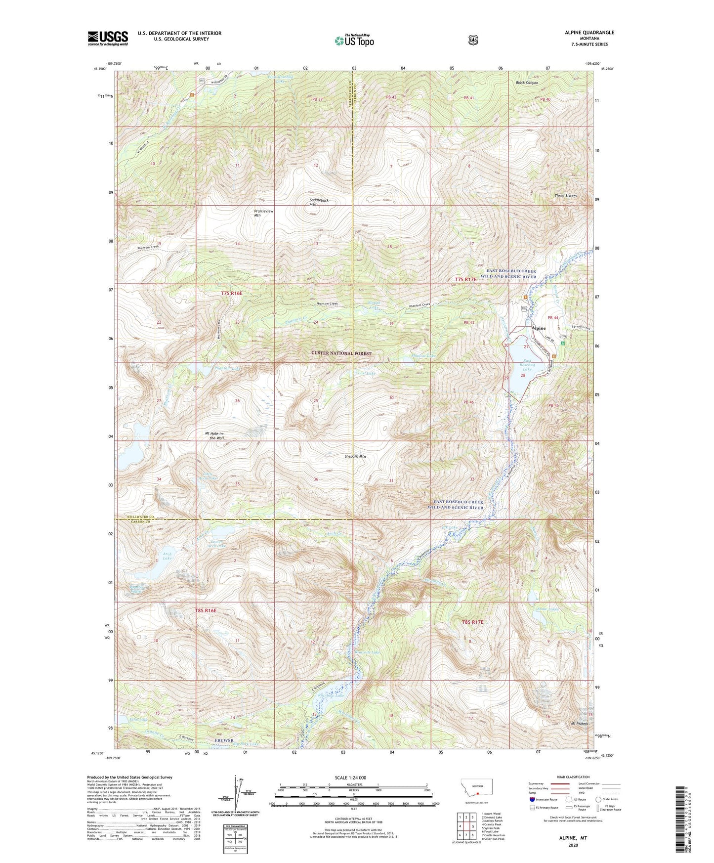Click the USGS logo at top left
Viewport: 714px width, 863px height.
[108, 38]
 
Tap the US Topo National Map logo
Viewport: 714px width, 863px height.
[354, 41]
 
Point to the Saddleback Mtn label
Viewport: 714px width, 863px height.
[319, 202]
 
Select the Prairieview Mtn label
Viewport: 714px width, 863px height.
[264, 213]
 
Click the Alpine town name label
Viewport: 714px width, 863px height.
[538, 328]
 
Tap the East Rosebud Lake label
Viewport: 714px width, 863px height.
[527, 365]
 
